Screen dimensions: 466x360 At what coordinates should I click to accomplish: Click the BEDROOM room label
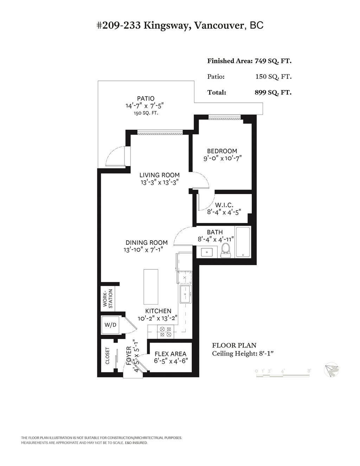click(221, 151)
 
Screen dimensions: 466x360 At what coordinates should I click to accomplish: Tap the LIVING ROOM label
click(159, 175)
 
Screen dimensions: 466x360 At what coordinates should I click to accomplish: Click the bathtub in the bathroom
click(243, 242)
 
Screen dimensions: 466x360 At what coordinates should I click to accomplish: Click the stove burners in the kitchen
click(165, 332)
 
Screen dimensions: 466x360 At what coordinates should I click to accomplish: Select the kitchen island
click(150, 287)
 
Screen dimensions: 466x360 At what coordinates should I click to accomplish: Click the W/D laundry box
click(110, 325)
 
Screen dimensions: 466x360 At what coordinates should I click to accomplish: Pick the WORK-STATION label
click(108, 299)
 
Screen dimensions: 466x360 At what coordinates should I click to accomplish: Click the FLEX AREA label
click(171, 354)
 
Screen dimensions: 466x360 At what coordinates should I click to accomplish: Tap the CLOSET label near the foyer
click(108, 356)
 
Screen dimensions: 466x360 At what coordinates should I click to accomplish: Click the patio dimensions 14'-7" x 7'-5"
click(145, 106)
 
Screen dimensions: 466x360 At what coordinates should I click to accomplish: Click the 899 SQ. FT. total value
click(273, 92)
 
